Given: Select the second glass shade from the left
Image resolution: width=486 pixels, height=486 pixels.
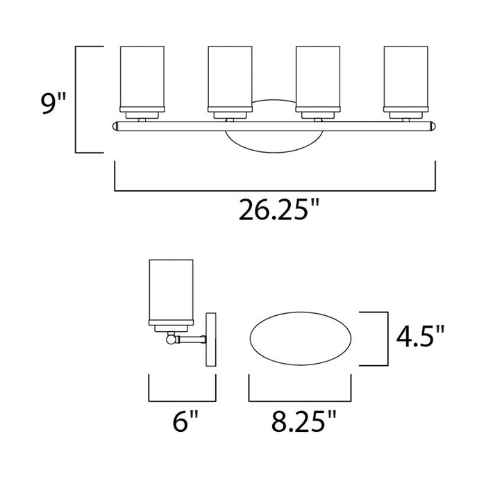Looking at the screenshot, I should point(230,77).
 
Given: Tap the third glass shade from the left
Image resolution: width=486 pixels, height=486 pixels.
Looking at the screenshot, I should point(318,77).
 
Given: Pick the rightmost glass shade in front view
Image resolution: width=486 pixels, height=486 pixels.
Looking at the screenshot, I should point(407,77).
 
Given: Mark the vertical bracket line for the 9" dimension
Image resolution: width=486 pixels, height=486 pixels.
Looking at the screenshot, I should point(75,99).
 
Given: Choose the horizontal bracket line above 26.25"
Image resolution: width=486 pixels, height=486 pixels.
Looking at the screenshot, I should point(275,190).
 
